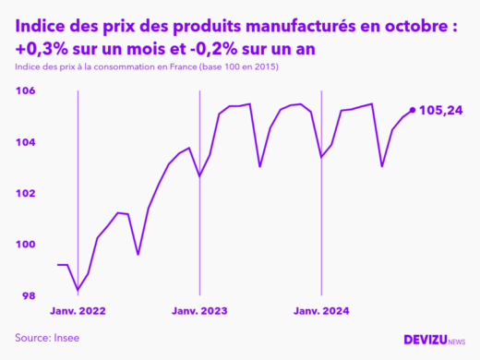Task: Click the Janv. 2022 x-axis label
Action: click(78, 312)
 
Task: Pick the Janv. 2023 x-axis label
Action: click(200, 312)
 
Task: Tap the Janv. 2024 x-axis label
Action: click(321, 312)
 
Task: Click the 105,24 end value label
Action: click(440, 111)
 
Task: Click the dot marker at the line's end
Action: click(412, 110)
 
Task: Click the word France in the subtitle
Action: click(179, 67)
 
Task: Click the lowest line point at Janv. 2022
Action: click(78, 291)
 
